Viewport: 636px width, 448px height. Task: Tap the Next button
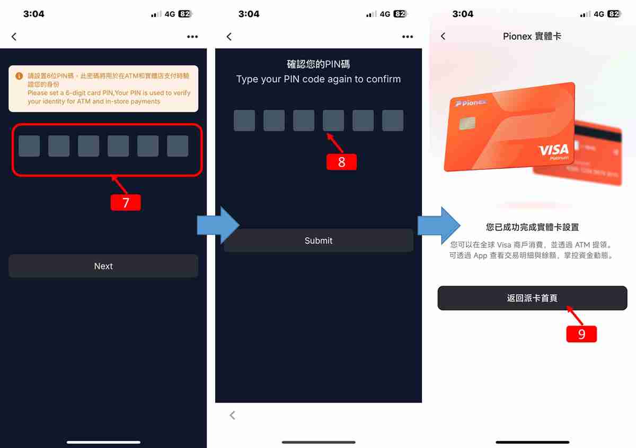coord(103,266)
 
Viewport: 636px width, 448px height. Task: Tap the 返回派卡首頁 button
coord(532,298)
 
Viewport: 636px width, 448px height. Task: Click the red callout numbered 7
coord(126,203)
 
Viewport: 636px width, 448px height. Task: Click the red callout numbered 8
coord(341,162)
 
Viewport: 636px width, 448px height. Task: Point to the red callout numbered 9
coord(581,334)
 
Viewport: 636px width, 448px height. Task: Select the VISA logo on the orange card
coord(553,150)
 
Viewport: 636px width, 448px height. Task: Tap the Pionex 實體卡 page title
coord(532,36)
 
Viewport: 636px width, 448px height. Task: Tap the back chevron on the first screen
coord(14,36)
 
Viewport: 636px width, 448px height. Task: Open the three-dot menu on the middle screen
coord(407,36)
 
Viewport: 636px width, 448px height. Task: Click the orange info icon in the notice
coord(19,76)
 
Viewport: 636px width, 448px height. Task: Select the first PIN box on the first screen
coord(29,146)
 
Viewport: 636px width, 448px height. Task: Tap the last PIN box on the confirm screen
coord(393,120)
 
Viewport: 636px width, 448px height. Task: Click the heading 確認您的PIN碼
coord(318,64)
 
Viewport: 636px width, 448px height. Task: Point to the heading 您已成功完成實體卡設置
coord(532,227)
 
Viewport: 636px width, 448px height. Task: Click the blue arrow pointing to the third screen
coord(438,225)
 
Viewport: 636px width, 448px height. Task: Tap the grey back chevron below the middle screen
coord(232,415)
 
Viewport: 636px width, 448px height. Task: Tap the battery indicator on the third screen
coord(614,14)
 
